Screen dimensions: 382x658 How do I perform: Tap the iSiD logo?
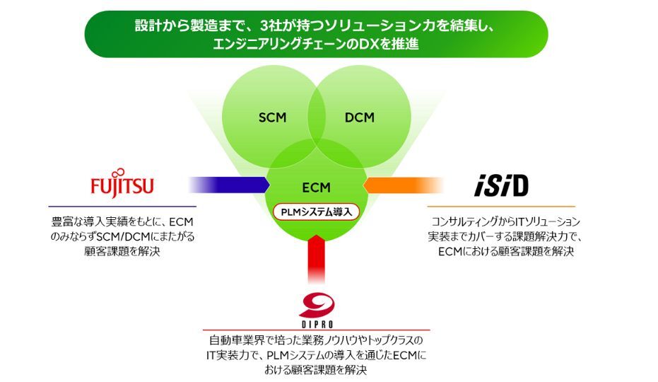500,185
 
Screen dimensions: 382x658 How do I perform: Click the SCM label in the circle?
272,117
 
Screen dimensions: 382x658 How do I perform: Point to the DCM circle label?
359,117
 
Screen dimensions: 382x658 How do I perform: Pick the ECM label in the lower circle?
315,187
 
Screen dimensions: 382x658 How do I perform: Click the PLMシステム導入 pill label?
317,211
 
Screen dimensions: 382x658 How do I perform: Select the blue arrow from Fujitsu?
230,184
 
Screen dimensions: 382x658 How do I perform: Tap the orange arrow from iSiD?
403,185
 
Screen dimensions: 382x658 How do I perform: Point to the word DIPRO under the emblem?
317,323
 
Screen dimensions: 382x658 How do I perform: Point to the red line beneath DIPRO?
316,330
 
